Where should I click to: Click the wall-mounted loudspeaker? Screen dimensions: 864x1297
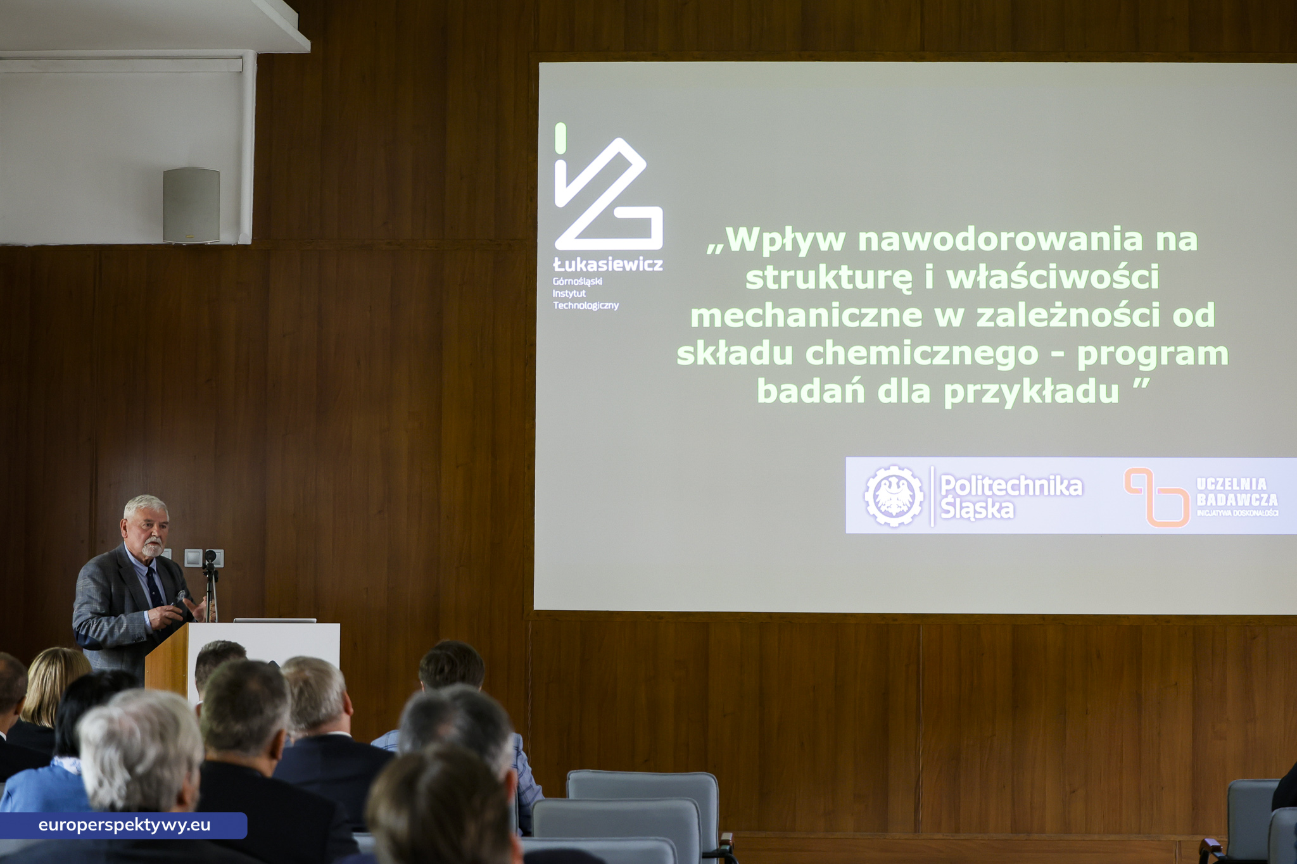[x=191, y=205]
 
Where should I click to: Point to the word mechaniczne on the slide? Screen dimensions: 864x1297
[x=806, y=316]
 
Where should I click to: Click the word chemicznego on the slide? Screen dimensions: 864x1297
[x=921, y=354]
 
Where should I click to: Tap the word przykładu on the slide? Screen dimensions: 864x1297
[x=1031, y=392]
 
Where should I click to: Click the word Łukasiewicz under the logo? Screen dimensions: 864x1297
[x=608, y=265]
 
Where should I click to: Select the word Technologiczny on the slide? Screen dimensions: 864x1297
[x=586, y=306]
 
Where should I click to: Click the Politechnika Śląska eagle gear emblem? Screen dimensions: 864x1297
[x=894, y=496]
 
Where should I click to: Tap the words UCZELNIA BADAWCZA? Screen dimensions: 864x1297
[x=1236, y=492]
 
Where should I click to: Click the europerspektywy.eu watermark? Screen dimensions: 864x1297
[x=124, y=825]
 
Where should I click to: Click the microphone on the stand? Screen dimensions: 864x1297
[x=210, y=558]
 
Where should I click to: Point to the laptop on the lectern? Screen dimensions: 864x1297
[x=275, y=620]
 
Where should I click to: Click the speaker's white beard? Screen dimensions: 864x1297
[x=152, y=549]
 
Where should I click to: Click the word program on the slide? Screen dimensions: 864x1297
[x=1153, y=354]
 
